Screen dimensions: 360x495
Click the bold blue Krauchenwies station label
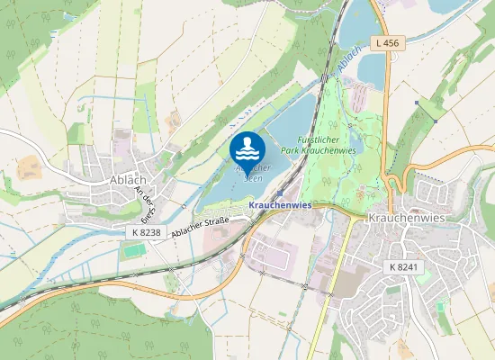tap(279, 205)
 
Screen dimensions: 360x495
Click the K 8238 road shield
tap(145, 232)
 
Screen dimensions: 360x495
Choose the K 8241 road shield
tap(405, 267)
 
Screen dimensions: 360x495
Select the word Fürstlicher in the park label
tap(303, 139)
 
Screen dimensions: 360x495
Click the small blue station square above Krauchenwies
tap(280, 193)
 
